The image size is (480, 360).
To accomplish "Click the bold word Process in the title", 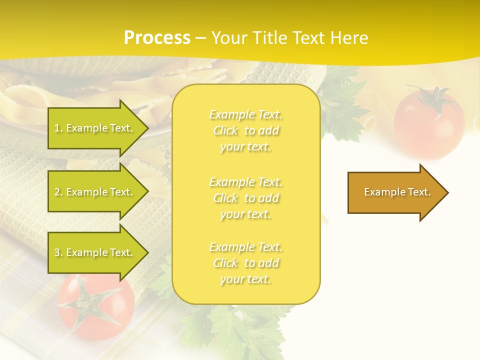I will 157,38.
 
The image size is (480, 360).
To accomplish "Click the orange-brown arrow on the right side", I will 395,192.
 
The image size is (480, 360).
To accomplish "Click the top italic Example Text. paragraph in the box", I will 245,130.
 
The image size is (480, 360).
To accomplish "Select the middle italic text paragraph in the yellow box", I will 245,198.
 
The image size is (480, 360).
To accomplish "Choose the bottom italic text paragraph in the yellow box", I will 245,263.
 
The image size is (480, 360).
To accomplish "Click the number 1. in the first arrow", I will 58,128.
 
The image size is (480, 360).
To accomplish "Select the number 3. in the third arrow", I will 58,252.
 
